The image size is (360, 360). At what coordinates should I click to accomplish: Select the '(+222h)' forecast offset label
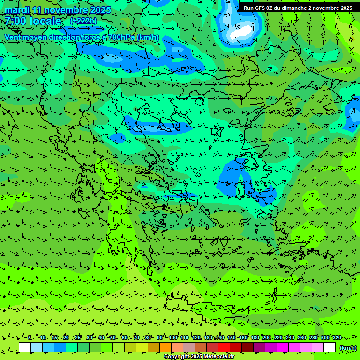point(83,21)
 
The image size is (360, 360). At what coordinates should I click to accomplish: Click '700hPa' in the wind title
point(121,37)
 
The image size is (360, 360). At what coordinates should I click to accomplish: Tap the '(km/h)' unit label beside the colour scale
point(348,348)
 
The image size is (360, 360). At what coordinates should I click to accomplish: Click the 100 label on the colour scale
point(172,338)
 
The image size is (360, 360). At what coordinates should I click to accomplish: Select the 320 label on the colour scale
point(337,338)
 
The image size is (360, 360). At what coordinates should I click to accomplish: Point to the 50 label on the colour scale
point(113,338)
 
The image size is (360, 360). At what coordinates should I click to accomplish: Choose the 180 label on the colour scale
point(255,338)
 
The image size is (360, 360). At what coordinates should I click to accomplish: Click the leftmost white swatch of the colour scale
point(25,347)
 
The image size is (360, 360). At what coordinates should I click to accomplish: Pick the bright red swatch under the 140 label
point(224,347)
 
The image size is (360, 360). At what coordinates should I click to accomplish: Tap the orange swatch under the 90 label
point(165,347)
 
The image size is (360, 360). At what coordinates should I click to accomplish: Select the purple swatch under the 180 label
point(259,347)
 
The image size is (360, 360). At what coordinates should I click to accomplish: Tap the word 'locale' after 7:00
point(45,21)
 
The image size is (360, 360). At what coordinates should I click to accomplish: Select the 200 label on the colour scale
point(266,338)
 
